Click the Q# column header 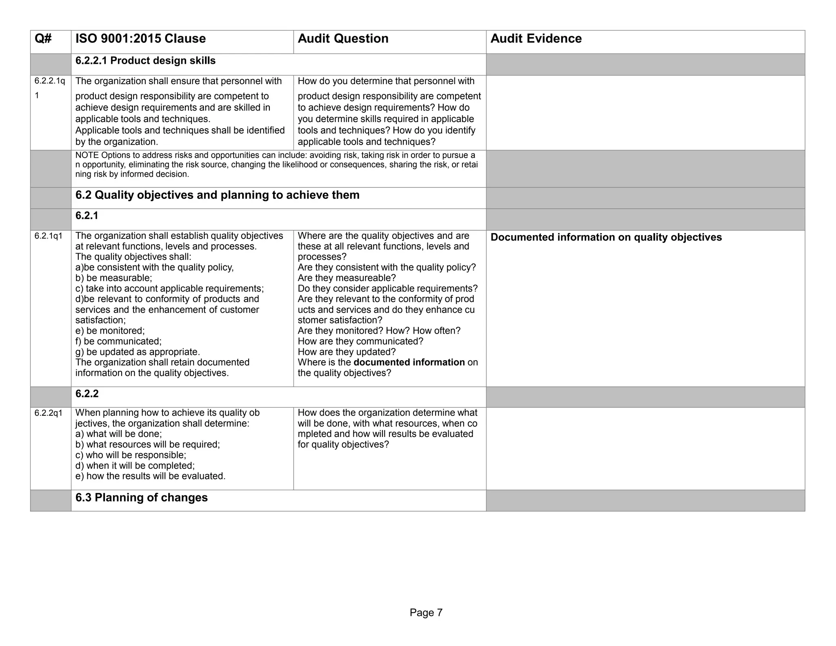pyautogui.click(x=43, y=39)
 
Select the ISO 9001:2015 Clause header pyautogui.click(x=140, y=39)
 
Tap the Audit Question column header pyautogui.click(x=343, y=39)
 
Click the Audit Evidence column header pyautogui.click(x=536, y=39)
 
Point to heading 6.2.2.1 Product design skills pyautogui.click(x=145, y=61)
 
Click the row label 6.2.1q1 pyautogui.click(x=48, y=236)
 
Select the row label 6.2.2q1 pyautogui.click(x=48, y=413)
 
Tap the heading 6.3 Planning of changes pyautogui.click(x=141, y=498)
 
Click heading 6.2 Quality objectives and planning pyautogui.click(x=217, y=195)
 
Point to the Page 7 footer pyautogui.click(x=426, y=613)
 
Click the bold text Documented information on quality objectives pyautogui.click(x=606, y=238)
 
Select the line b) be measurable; pyautogui.click(x=113, y=278)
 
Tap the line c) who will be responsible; pyautogui.click(x=131, y=455)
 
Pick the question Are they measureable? pyautogui.click(x=347, y=278)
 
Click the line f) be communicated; pyautogui.click(x=118, y=341)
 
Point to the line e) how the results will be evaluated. pyautogui.click(x=150, y=476)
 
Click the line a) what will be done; pyautogui.click(x=118, y=434)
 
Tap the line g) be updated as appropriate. pyautogui.click(x=138, y=352)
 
